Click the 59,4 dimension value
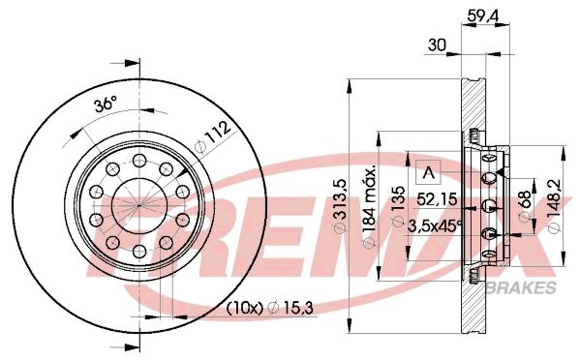483,15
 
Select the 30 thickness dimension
437,45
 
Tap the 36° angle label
106,104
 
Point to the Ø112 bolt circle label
213,137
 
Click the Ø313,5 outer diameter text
340,205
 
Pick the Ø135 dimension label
398,206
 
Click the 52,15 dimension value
437,199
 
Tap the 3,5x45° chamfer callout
435,225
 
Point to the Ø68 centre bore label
525,206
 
